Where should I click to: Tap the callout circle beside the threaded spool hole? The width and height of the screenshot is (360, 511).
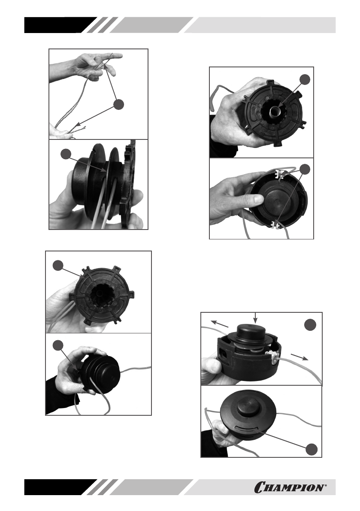(x=305, y=79)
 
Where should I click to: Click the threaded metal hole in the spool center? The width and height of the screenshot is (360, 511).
(x=273, y=111)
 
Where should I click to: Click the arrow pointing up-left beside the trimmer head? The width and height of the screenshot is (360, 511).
(x=220, y=324)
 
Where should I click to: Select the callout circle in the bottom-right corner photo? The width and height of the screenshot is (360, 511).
(x=312, y=449)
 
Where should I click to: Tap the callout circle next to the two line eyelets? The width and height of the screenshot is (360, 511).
(x=305, y=169)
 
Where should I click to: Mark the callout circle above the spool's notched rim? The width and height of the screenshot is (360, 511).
(x=58, y=265)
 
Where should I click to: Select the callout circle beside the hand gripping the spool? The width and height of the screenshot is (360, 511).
(x=58, y=345)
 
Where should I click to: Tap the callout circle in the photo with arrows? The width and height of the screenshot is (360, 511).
(x=310, y=324)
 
